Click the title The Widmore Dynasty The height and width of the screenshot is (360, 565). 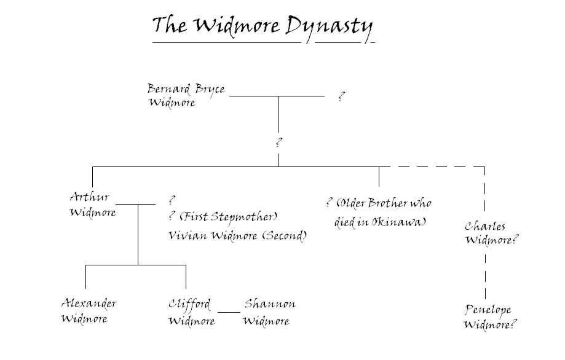click(262, 26)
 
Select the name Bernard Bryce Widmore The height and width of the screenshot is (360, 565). click(185, 95)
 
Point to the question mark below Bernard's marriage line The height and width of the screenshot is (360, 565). click(279, 142)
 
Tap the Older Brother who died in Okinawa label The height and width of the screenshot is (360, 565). click(379, 213)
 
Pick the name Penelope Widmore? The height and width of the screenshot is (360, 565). click(490, 316)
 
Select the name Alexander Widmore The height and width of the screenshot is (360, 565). click(89, 311)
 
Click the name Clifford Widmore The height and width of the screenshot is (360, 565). click(191, 312)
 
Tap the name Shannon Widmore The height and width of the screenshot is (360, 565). click(269, 312)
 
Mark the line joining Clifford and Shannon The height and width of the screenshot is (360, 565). click(229, 312)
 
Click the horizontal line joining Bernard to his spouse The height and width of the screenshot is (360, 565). click(276, 96)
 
